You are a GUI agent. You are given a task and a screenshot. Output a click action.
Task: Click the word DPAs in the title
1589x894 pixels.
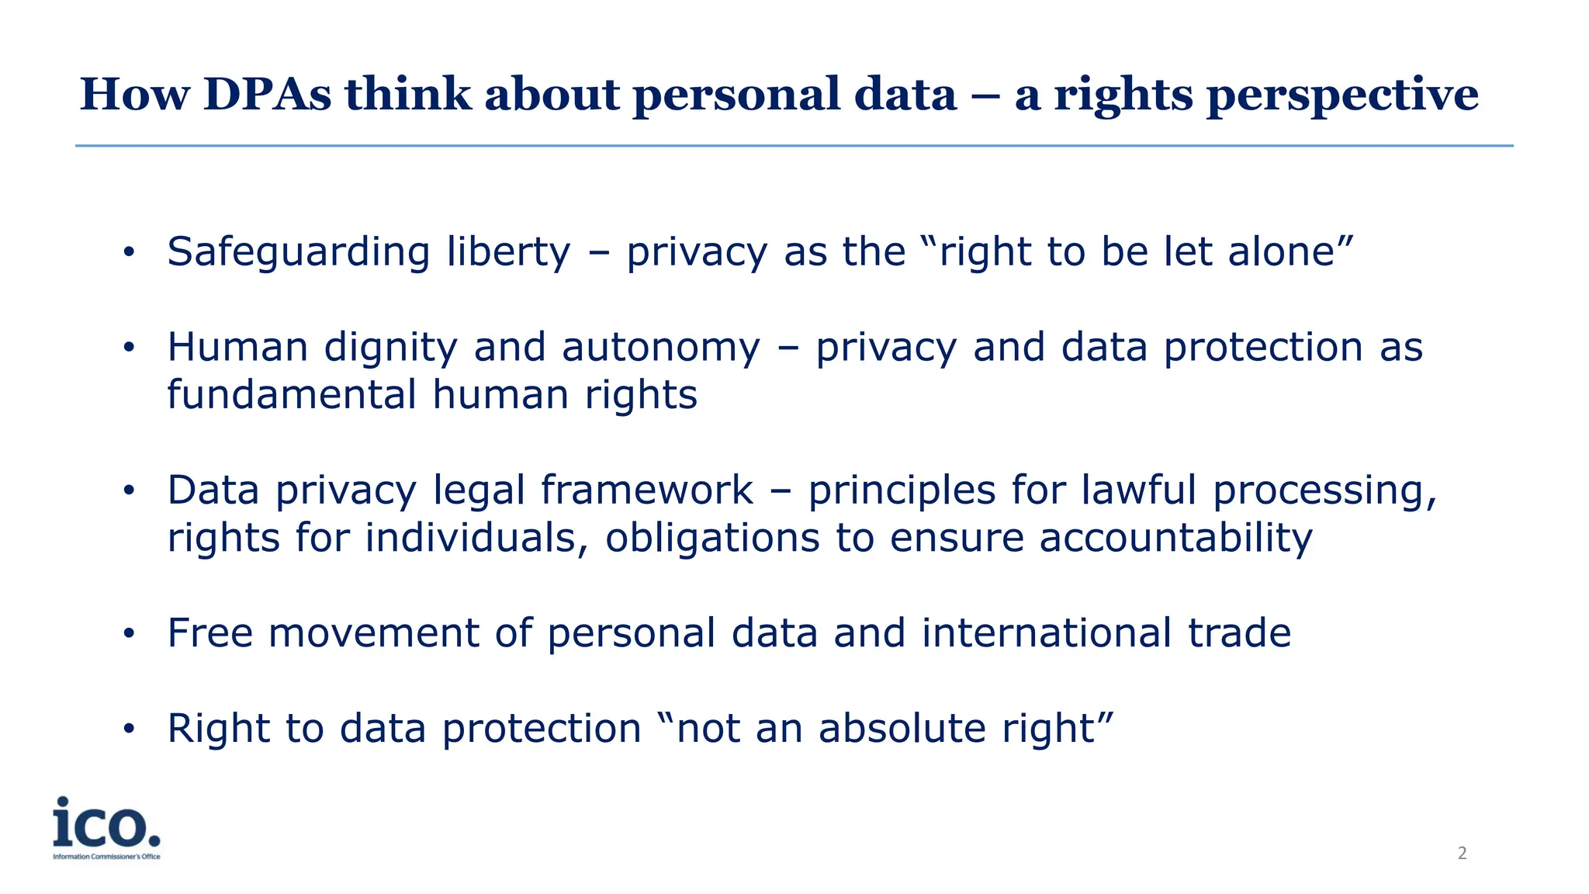pos(267,95)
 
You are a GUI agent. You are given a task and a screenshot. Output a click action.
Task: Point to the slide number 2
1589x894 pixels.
pos(1462,854)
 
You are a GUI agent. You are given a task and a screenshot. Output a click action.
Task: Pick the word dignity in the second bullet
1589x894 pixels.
pos(390,348)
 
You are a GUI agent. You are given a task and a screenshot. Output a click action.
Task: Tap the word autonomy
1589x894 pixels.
pos(661,348)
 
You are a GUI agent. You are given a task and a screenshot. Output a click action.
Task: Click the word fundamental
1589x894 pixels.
pos(292,395)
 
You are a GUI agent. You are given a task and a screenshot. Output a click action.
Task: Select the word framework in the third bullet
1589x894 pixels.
pos(646,490)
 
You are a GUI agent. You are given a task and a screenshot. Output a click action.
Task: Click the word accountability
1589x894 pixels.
pos(1175,539)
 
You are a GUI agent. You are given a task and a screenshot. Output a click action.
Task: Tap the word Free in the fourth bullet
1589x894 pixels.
pos(209,633)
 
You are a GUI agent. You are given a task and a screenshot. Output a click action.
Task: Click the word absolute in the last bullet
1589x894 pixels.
pos(902,729)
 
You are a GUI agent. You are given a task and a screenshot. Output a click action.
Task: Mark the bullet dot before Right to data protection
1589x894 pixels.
pos(129,729)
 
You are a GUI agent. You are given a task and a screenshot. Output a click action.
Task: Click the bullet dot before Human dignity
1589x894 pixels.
pos(129,348)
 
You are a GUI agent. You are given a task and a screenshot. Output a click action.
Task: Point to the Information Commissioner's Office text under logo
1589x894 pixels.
pos(106,857)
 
